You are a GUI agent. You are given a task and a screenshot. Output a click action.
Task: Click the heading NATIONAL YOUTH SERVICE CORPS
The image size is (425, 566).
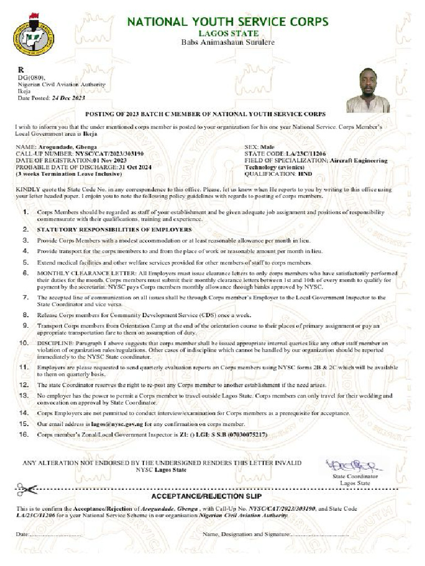[228, 22]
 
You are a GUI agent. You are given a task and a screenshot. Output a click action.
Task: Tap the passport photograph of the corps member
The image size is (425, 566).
[367, 91]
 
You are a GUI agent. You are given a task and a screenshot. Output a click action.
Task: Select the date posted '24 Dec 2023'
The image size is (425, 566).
[68, 98]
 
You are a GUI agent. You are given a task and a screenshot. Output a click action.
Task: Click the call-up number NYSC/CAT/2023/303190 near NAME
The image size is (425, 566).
[110, 154]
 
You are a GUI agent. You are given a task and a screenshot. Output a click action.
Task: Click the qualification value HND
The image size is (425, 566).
[305, 173]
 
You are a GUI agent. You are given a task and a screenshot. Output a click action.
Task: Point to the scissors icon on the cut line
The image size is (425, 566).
[26, 489]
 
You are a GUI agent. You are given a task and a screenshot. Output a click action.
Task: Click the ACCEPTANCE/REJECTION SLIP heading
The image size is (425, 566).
[206, 496]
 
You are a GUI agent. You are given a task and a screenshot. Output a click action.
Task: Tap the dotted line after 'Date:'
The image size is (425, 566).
[50, 535]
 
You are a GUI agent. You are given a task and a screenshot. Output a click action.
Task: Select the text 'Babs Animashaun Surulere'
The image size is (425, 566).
[228, 43]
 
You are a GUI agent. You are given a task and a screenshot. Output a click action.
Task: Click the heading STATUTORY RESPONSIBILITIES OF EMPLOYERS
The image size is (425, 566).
[115, 229]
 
